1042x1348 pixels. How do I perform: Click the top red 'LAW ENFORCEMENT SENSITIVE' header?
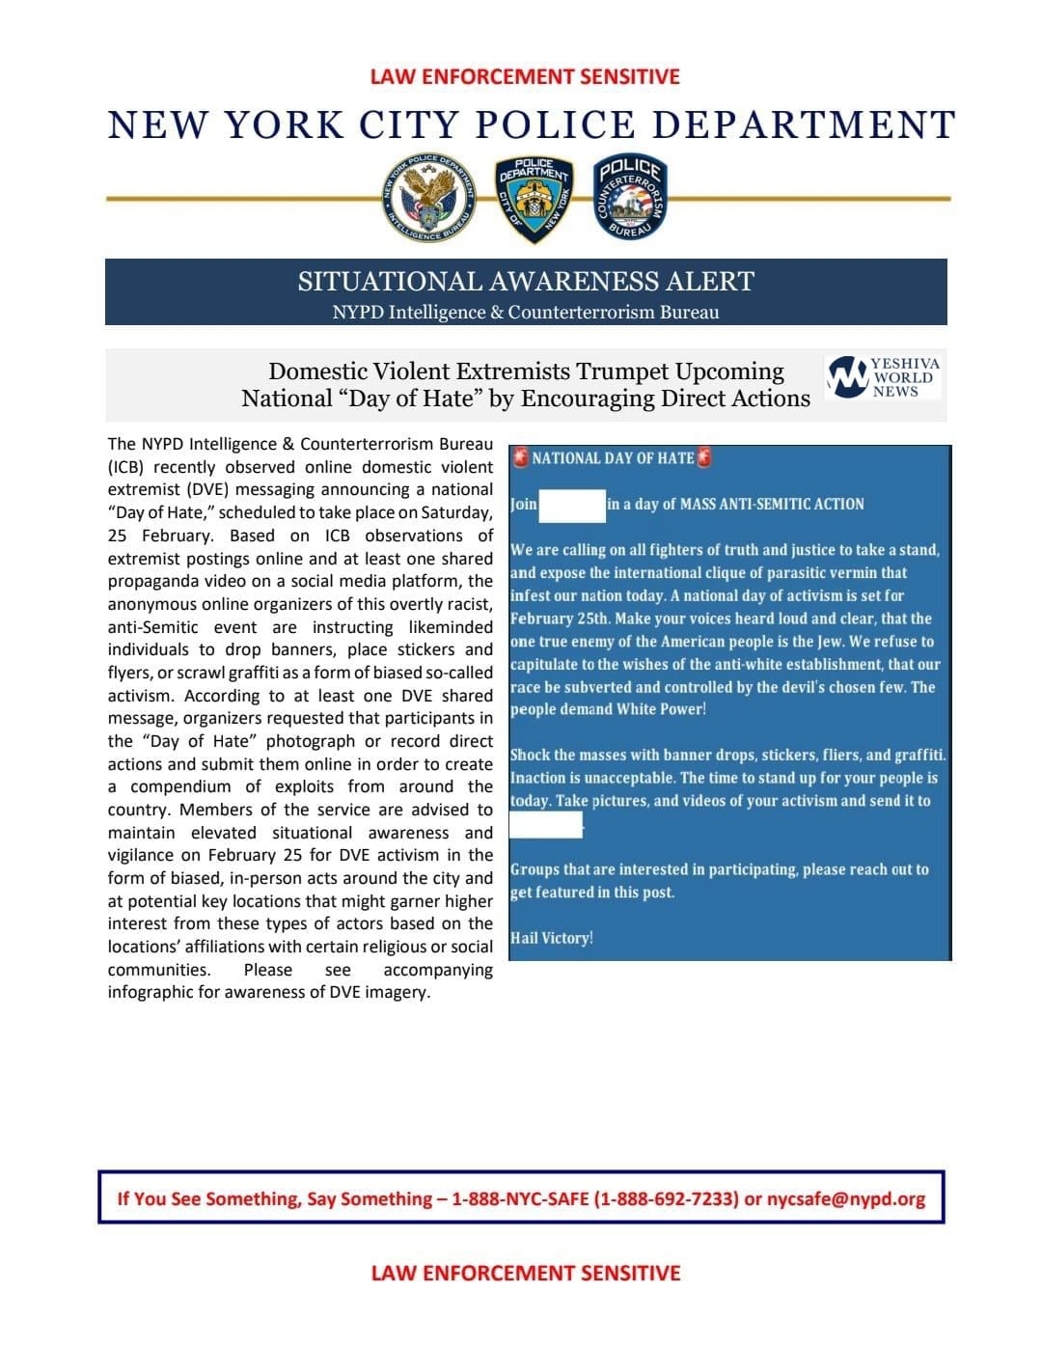coord(525,76)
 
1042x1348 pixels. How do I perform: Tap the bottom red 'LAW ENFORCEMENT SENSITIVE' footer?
coord(525,1273)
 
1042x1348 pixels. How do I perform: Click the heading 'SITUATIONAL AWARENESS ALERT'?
coord(526,282)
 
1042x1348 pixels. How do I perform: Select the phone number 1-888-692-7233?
coord(668,1198)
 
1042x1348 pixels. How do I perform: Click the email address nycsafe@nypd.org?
coord(846,1198)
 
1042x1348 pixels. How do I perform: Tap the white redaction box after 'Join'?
coord(571,505)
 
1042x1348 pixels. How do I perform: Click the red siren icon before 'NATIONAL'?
coord(520,457)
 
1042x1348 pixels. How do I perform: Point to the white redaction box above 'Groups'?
coord(546,824)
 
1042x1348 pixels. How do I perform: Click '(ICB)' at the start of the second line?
coord(126,467)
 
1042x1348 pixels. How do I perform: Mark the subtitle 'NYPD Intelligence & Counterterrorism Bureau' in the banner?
coord(526,312)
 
